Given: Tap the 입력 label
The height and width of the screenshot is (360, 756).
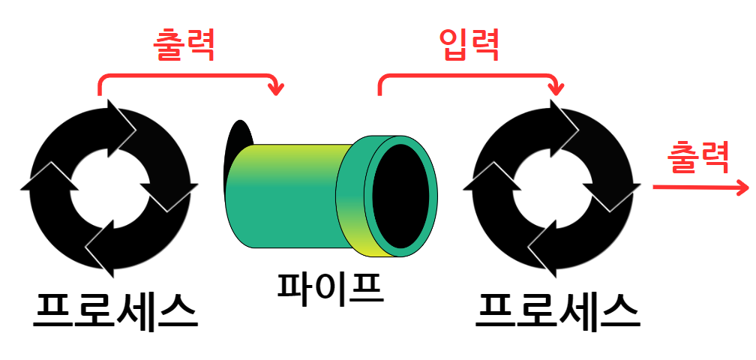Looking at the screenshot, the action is click(468, 46).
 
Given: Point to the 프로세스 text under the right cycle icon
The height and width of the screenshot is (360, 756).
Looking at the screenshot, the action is click(558, 309).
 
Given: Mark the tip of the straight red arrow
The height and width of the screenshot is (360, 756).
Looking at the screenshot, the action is click(745, 186).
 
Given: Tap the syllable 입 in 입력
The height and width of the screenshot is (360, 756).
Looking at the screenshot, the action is click(452, 46).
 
